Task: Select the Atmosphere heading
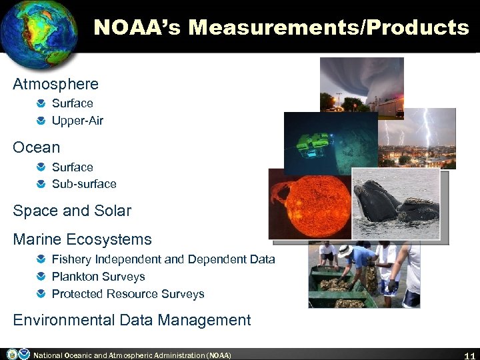[x=55, y=84]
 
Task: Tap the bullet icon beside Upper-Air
[x=41, y=121]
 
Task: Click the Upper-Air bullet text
[x=77, y=121]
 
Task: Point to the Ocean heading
[x=36, y=147]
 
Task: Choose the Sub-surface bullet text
[x=84, y=184]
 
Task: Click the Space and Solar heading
[x=72, y=211]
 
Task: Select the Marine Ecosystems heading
[x=82, y=239]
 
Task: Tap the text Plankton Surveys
[x=98, y=277]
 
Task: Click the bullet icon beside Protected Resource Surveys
[x=41, y=294]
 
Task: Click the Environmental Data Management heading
[x=132, y=320]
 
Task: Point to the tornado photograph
[x=361, y=83]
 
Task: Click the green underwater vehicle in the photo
[x=313, y=143]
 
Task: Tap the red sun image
[x=309, y=203]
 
